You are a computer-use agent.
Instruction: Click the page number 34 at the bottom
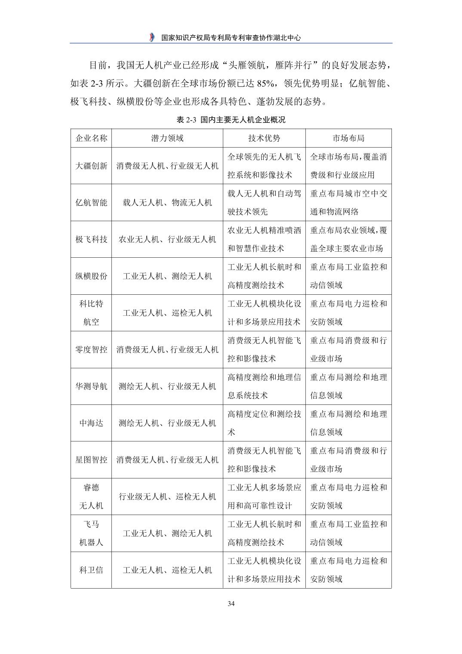pos(231,604)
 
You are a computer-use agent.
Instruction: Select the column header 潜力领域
pos(167,138)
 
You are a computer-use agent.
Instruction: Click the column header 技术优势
pos(264,138)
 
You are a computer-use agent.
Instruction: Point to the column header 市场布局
pos(348,138)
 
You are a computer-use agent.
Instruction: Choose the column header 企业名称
pos(91,138)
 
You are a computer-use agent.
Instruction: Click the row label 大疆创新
pos(91,166)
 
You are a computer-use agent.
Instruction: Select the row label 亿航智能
pos(91,203)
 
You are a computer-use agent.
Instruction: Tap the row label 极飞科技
pos(91,239)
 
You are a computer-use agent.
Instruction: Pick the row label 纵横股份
pos(91,276)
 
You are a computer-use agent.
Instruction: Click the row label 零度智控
pos(91,349)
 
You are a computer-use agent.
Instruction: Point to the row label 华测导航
pos(91,386)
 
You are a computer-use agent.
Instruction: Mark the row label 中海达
pos(91,423)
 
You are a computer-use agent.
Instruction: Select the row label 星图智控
pos(91,460)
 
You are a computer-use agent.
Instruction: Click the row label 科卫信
pos(91,570)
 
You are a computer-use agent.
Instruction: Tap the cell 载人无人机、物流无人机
pos(167,203)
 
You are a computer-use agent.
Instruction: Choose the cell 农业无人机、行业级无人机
pos(167,239)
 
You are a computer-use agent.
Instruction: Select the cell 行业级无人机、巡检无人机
pos(167,497)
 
